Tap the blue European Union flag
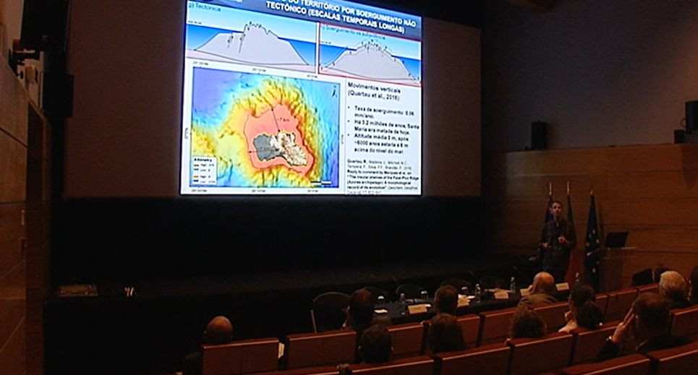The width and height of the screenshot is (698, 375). (592, 238)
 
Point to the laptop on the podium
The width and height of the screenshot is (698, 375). (617, 239)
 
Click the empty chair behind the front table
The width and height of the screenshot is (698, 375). (331, 309)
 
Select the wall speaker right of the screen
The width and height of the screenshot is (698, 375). (539, 135)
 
